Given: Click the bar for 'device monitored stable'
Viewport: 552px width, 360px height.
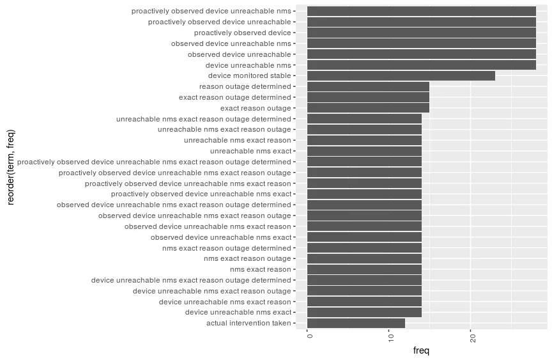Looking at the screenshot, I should click(x=401, y=75).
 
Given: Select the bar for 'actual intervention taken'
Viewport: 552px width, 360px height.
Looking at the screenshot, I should click(x=356, y=323).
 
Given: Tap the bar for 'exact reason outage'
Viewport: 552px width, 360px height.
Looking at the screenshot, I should click(x=368, y=108).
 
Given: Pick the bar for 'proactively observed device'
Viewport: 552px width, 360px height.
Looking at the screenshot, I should click(x=421, y=33).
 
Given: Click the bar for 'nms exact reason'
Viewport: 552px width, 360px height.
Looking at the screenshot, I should click(x=364, y=269).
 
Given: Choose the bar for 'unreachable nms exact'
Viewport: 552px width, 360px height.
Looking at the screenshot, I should click(x=364, y=151).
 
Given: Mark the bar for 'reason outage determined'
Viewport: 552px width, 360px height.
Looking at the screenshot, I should click(x=368, y=86).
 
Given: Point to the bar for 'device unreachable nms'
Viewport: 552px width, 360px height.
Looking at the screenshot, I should click(x=421, y=65).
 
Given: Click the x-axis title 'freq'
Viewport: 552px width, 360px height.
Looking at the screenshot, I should click(x=422, y=350).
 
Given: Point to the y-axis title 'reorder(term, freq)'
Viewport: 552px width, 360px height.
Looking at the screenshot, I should click(x=11, y=168).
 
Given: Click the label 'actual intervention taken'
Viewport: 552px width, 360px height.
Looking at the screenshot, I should click(x=248, y=323).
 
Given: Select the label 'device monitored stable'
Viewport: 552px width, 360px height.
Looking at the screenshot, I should click(x=249, y=75).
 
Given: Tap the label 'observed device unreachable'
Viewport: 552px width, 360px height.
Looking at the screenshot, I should click(x=239, y=54).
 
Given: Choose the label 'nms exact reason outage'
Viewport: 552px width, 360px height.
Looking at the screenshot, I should click(x=247, y=258).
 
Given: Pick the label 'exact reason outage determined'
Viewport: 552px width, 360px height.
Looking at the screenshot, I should click(x=234, y=97).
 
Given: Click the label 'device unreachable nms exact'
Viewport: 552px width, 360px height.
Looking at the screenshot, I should click(x=238, y=312).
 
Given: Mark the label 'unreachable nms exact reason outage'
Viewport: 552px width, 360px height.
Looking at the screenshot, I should click(x=224, y=129).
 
